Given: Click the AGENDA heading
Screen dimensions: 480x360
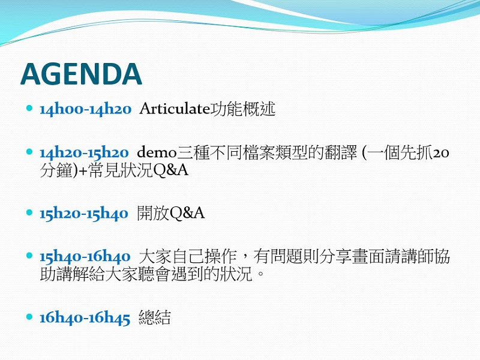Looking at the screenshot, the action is (81, 74).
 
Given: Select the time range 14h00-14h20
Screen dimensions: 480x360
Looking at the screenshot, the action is (85, 109).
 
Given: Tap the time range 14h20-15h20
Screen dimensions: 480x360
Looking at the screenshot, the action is (84, 152).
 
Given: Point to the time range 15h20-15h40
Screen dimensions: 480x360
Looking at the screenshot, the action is (83, 214).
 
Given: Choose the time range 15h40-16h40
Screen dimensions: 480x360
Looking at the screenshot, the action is (85, 256).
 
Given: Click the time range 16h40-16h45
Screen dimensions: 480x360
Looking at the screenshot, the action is (85, 317).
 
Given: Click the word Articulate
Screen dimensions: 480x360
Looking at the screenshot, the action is (175, 109).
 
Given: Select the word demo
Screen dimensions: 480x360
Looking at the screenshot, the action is (157, 152).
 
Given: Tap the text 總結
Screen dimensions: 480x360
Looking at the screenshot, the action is (155, 317).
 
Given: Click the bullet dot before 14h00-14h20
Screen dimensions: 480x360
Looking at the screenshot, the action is (29, 108).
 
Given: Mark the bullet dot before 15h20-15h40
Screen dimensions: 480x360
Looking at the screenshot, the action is (29, 212).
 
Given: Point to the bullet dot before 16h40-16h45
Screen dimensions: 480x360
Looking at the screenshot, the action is (29, 316).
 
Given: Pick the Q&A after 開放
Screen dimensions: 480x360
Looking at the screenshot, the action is (187, 213).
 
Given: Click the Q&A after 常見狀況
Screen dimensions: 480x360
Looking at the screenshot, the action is (170, 170).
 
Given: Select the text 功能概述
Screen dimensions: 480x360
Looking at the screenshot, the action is (243, 109).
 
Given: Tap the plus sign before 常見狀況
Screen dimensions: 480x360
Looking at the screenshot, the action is (83, 171).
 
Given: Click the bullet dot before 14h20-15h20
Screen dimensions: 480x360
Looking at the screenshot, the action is (29, 151).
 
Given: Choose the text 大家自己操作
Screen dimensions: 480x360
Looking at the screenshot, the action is (188, 256).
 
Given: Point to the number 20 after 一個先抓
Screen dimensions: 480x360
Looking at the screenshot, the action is (441, 153).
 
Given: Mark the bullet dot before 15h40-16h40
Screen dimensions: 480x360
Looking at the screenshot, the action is (29, 255).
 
